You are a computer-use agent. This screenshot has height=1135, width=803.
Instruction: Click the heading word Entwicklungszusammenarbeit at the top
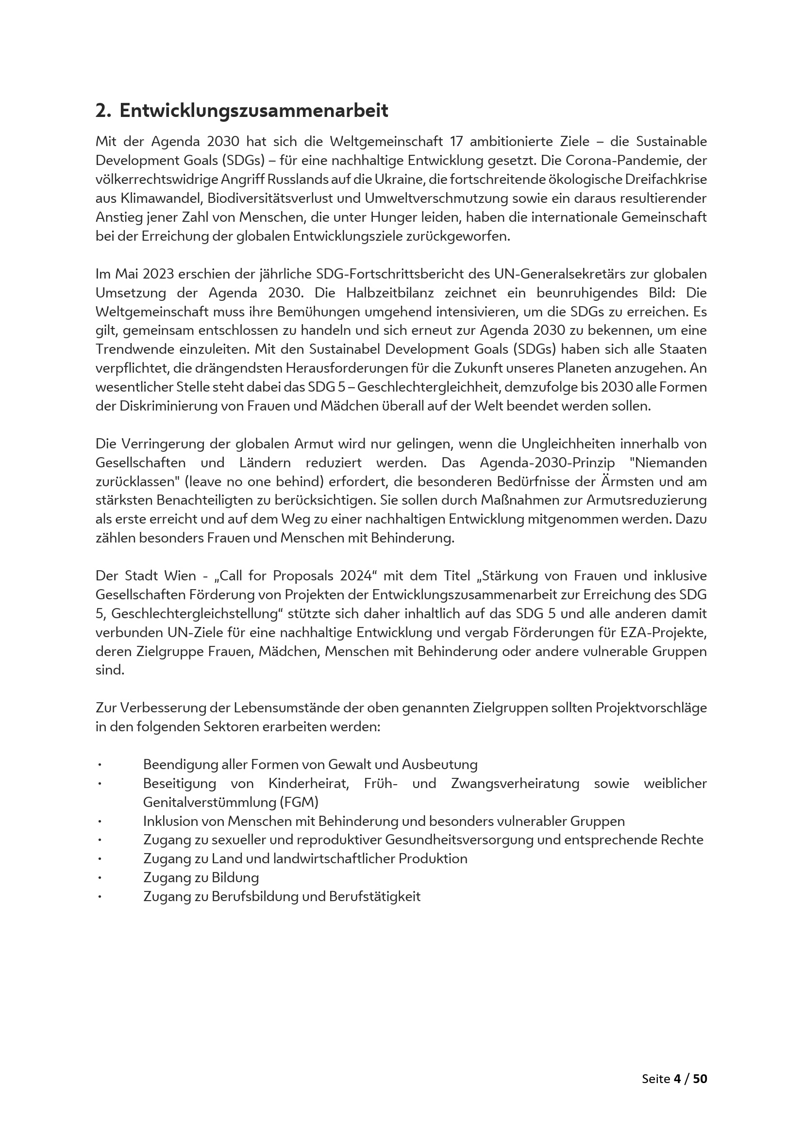[x=253, y=111]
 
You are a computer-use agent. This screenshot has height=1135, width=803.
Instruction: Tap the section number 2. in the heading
[x=103, y=111]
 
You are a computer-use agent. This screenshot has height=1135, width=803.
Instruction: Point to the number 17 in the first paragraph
[x=456, y=142]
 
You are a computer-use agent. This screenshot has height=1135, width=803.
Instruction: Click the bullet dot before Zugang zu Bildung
[x=100, y=878]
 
